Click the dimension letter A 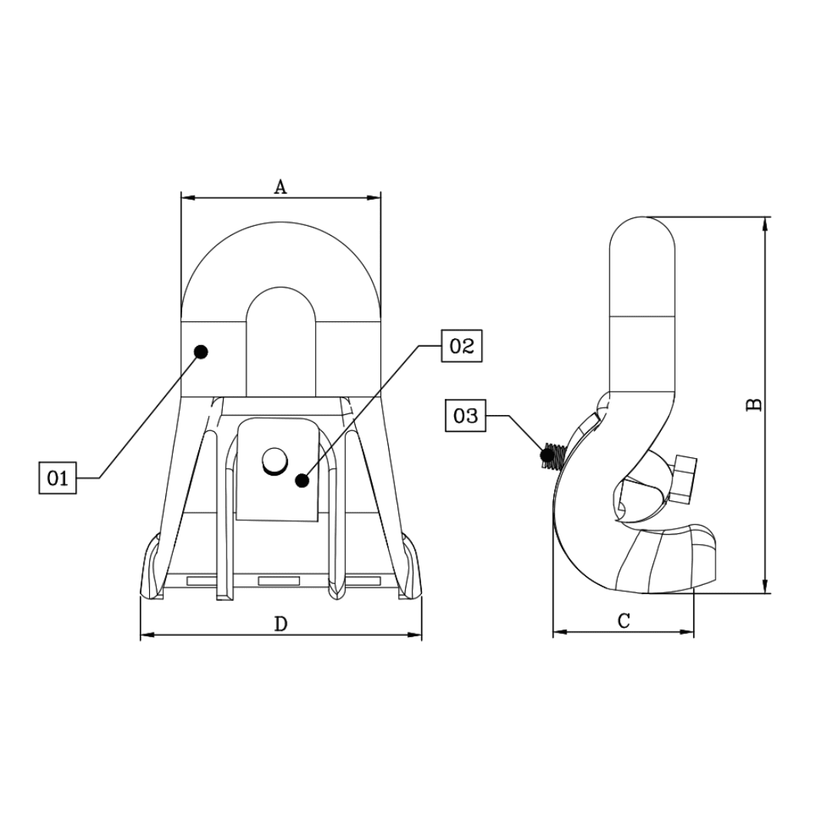(281, 186)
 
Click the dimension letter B (755, 404)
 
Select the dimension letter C (624, 621)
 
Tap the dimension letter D (281, 624)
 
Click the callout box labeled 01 (58, 478)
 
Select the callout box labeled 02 (461, 346)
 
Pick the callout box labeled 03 (466, 417)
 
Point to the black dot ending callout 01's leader (201, 352)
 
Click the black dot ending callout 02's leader (303, 480)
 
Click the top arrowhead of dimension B (765, 224)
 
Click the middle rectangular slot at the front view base (277, 580)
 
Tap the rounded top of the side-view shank (642, 231)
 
